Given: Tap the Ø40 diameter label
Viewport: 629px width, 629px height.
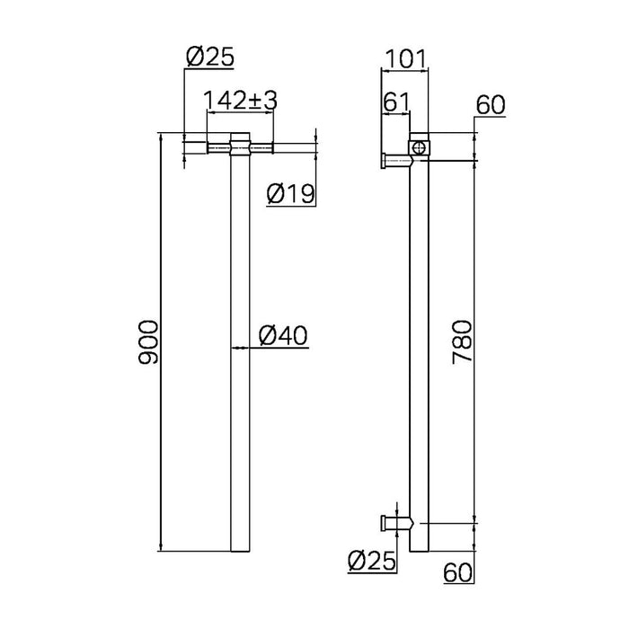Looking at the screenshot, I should click(x=283, y=335).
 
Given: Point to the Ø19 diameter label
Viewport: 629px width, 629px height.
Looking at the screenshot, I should click(x=290, y=193).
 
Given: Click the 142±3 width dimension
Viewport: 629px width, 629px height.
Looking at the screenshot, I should click(x=240, y=100).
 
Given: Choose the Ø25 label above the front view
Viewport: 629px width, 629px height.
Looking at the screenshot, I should click(x=208, y=58).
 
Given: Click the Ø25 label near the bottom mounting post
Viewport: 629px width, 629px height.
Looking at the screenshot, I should click(x=370, y=562).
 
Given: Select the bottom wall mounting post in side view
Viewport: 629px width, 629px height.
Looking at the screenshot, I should click(x=395, y=522).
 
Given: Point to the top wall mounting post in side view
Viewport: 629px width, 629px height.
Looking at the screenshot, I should click(x=396, y=161).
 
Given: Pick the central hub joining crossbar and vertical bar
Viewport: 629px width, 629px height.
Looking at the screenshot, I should click(x=240, y=145).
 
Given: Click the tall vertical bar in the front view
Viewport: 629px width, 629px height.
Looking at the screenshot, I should click(x=240, y=359).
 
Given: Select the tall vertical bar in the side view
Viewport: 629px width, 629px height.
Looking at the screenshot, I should click(x=420, y=359).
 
